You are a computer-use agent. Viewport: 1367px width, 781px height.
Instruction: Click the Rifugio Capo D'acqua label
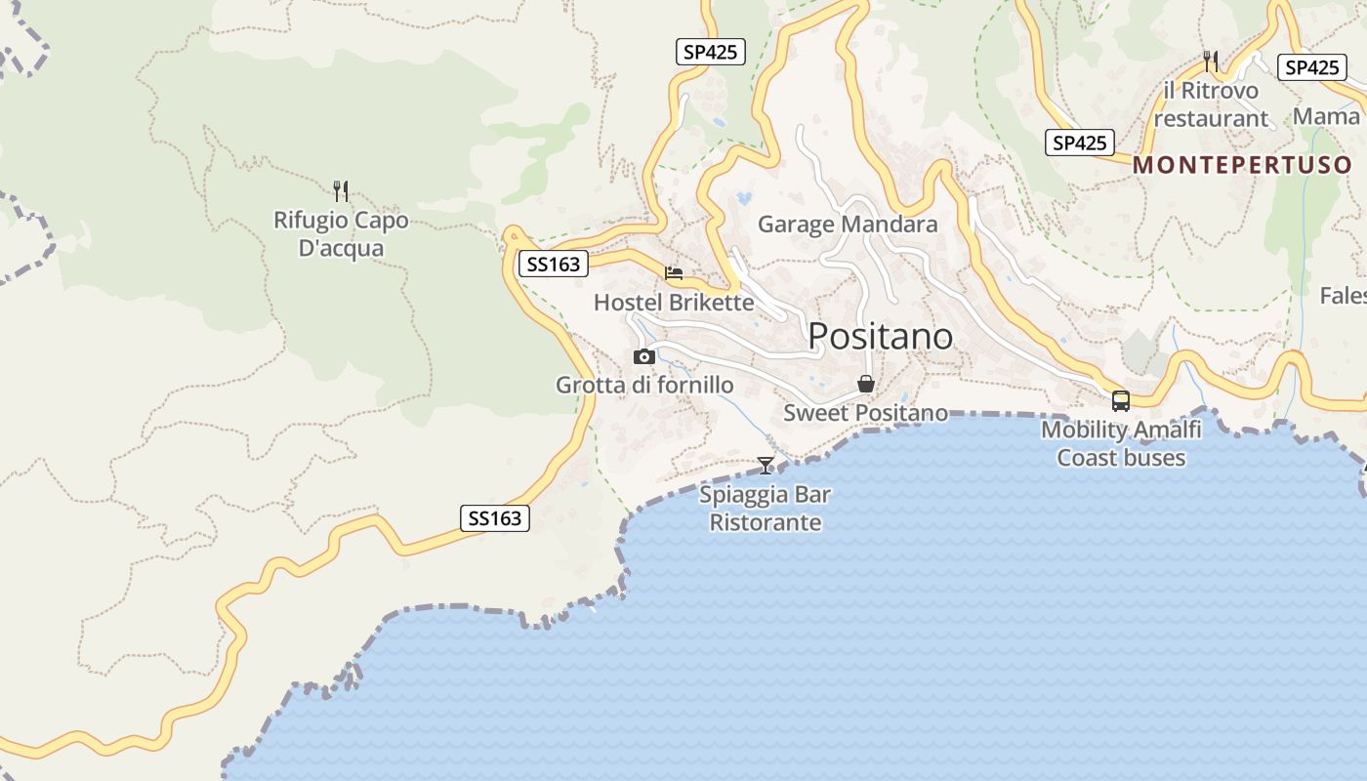coord(341,234)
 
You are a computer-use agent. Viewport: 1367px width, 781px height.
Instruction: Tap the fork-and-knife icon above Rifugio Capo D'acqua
coord(341,190)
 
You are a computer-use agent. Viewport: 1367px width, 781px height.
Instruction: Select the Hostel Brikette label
coord(674,303)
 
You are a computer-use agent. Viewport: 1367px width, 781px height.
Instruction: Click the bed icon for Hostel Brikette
coord(674,273)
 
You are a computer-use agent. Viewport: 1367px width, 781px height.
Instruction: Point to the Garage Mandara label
coord(848,225)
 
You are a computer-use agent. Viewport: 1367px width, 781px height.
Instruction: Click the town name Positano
coord(881,336)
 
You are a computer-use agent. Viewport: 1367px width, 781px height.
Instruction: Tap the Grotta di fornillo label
coord(644,386)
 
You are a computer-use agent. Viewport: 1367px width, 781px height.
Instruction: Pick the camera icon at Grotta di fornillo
coord(644,356)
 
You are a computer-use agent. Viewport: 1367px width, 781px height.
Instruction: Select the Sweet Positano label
coord(865,413)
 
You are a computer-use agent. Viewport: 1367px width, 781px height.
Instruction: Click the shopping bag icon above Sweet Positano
coord(865,384)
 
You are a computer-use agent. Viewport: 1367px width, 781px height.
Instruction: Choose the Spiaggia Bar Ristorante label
coord(766,509)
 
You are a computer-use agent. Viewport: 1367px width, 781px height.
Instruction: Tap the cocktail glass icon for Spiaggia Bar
coord(766,466)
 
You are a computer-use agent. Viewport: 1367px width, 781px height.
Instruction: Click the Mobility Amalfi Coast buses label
coord(1121,443)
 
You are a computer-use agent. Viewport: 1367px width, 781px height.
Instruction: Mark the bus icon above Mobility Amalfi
coord(1121,400)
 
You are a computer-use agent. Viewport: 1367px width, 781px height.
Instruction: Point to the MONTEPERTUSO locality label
coord(1242,165)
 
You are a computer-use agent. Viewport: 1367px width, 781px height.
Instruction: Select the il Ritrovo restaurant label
coord(1211,104)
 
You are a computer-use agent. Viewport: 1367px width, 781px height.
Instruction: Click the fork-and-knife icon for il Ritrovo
coord(1211,62)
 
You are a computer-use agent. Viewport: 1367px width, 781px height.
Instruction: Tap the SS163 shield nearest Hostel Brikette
coord(554,264)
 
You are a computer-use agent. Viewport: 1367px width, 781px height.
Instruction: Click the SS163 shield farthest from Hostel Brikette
coord(495,518)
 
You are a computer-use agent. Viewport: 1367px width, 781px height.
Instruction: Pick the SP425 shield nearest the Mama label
coord(1311,67)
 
